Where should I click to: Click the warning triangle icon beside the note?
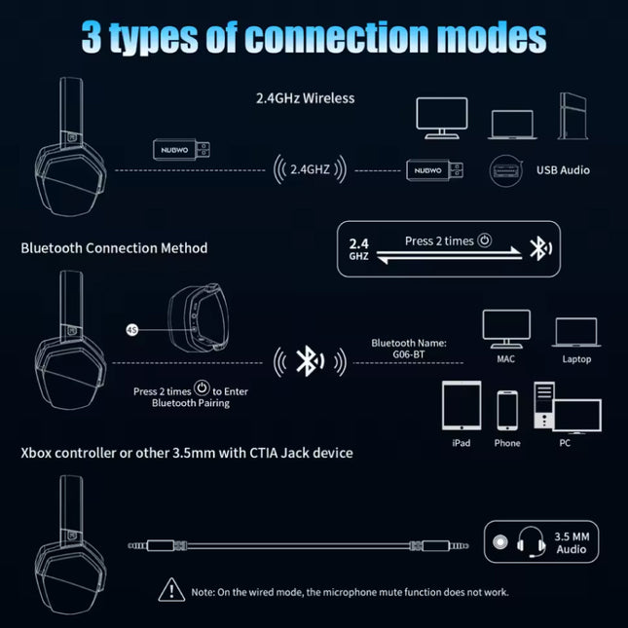click(171, 590)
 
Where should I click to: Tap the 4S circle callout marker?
click(132, 330)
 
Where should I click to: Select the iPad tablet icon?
click(462, 405)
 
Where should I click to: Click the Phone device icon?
click(507, 410)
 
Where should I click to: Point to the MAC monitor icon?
click(506, 329)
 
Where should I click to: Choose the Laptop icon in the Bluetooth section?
click(576, 332)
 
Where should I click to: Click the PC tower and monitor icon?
click(568, 408)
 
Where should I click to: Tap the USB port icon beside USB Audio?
click(506, 171)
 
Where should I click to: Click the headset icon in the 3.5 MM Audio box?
click(531, 542)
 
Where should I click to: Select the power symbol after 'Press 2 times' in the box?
click(484, 240)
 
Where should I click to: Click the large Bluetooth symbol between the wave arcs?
click(310, 361)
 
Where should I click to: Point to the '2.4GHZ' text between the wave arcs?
click(310, 169)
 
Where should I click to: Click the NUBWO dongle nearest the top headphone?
click(181, 150)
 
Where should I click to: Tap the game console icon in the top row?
click(573, 116)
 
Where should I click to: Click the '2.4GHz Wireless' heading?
click(305, 98)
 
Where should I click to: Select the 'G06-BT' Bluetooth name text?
click(409, 354)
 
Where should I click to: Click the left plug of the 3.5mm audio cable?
click(158, 545)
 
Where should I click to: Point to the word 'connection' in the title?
click(337, 37)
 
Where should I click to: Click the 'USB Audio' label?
click(563, 170)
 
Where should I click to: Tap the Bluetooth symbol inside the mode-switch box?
click(540, 248)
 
